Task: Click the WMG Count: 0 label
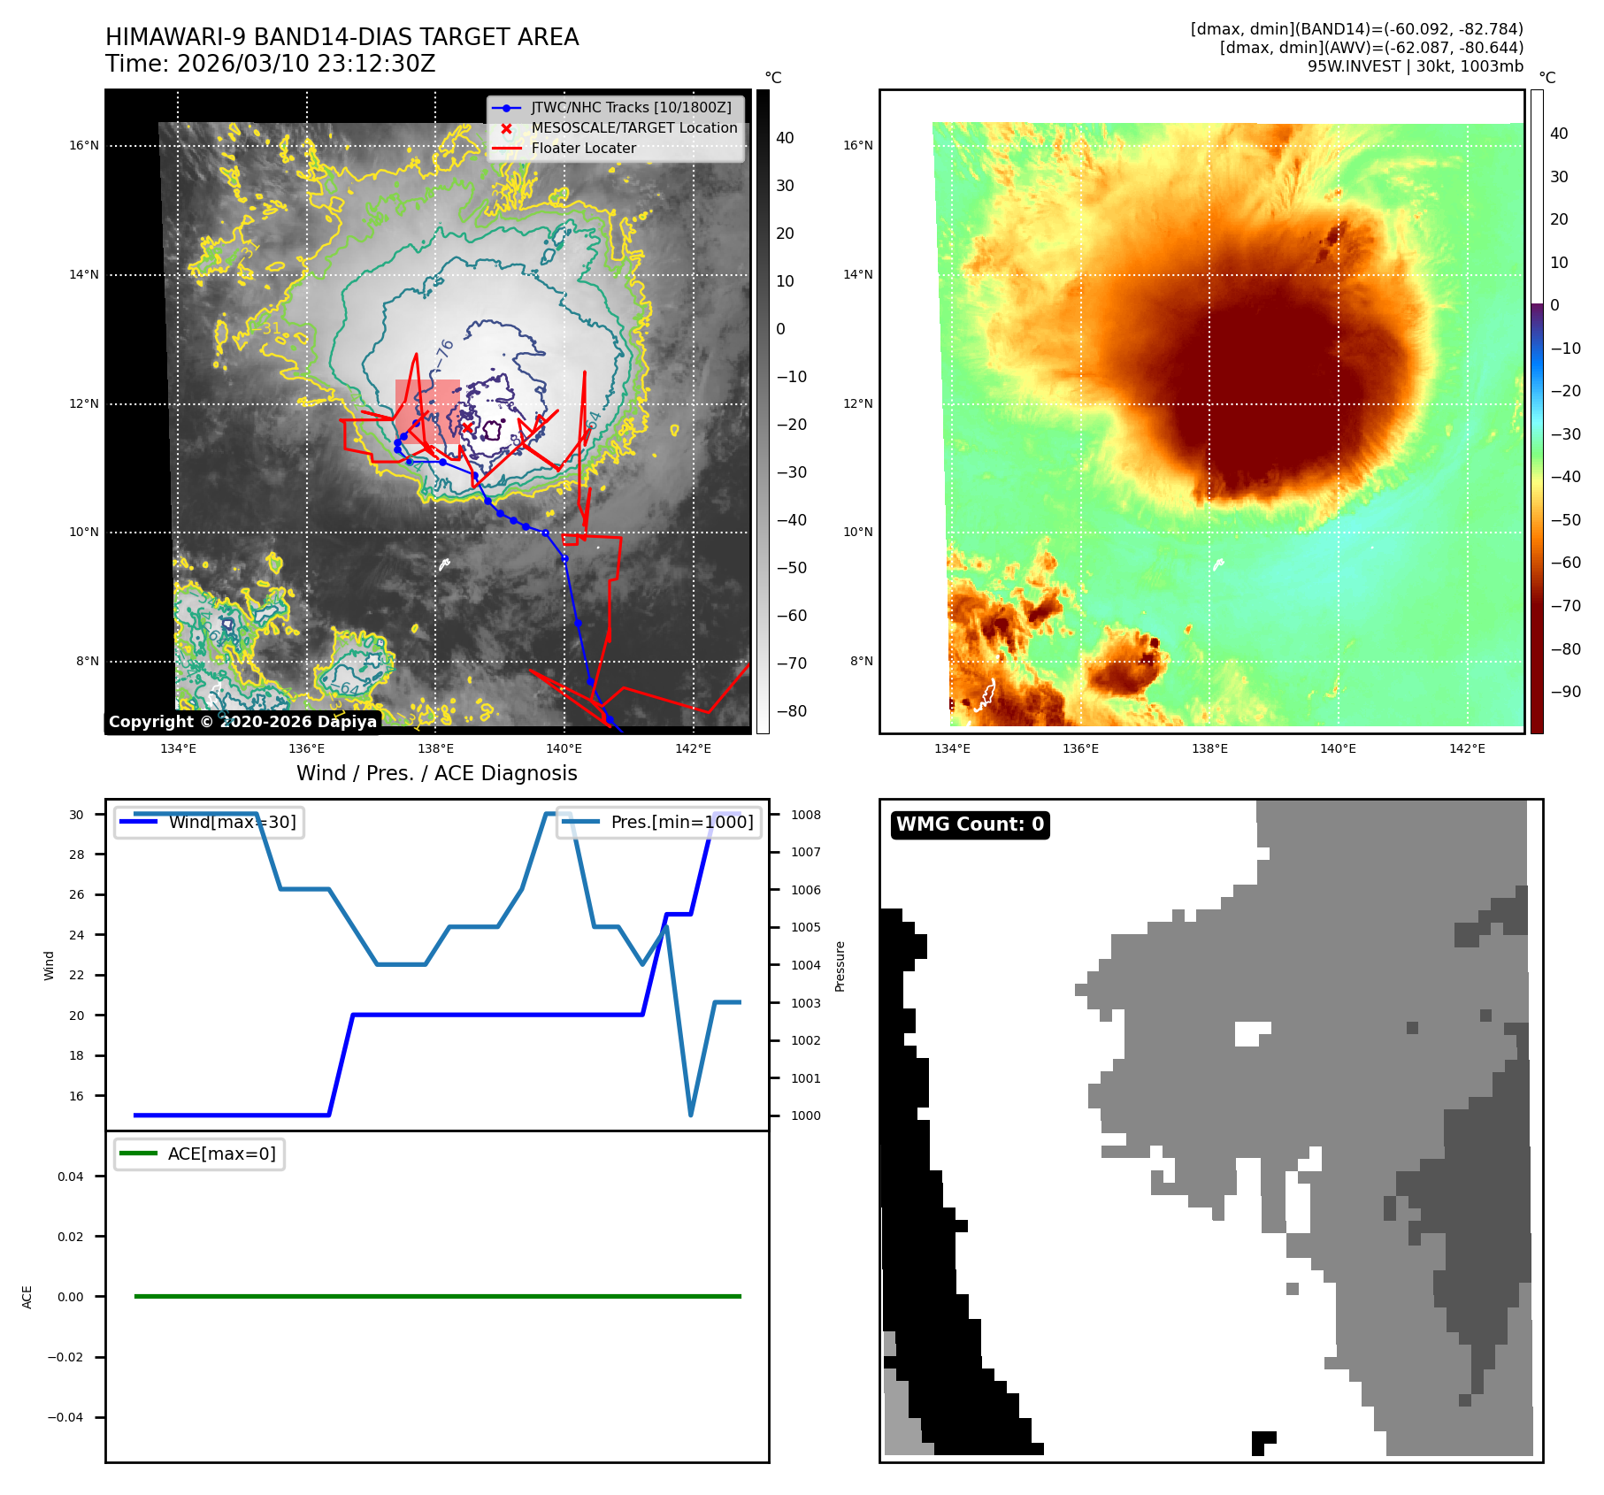(x=970, y=824)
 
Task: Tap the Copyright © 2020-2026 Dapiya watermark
(x=242, y=722)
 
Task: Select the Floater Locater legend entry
(x=583, y=149)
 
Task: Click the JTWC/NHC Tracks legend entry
(x=631, y=108)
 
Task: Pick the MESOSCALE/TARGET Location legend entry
(x=633, y=128)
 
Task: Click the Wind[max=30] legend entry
(x=232, y=822)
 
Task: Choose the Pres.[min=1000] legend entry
(x=681, y=822)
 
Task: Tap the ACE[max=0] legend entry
(x=221, y=1154)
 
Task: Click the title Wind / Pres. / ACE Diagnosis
(x=436, y=773)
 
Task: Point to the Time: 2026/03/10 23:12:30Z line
(x=270, y=64)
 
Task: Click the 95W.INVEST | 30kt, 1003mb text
(x=1416, y=66)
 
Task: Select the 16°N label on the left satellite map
(x=84, y=146)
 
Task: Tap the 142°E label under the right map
(x=1467, y=749)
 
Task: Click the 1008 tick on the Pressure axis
(x=805, y=815)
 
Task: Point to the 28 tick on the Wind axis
(x=77, y=855)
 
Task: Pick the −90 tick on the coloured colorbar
(x=1565, y=692)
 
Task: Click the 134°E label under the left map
(x=178, y=749)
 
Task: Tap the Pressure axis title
(x=840, y=966)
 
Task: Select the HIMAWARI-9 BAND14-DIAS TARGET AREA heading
(x=342, y=37)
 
